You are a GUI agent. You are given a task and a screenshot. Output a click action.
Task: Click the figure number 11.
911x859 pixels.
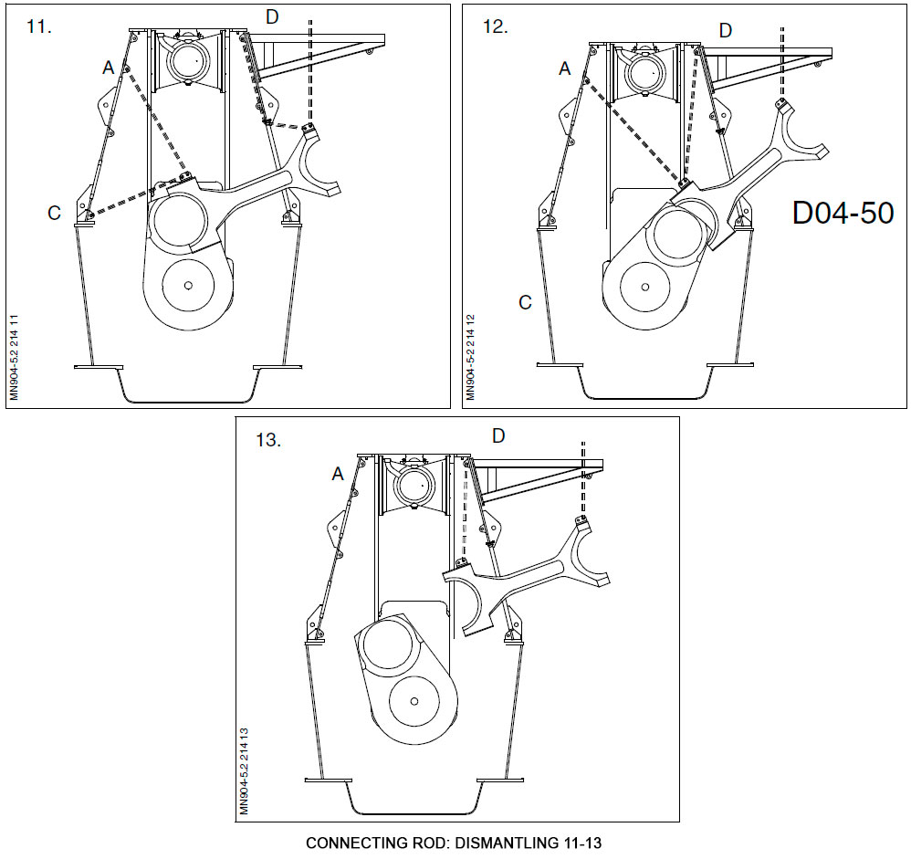(x=39, y=27)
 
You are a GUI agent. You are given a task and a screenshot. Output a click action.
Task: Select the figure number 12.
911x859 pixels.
(x=494, y=27)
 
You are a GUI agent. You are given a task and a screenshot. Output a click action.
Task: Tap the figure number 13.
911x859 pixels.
(x=267, y=440)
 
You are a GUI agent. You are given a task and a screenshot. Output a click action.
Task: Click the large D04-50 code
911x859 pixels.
(x=843, y=213)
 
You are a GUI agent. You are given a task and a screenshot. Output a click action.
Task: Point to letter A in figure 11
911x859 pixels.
(x=109, y=67)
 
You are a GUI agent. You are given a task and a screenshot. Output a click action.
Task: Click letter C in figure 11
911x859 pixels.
(x=55, y=213)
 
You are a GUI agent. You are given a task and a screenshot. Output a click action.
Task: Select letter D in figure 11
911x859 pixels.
(x=272, y=16)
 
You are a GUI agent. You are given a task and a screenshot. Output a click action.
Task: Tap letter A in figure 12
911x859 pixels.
(x=564, y=68)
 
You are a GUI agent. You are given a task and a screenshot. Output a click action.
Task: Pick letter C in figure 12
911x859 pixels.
(x=525, y=302)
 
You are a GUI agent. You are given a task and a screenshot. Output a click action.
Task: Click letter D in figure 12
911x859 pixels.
(x=725, y=30)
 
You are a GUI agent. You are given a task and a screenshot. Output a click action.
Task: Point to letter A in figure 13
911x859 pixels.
(x=338, y=474)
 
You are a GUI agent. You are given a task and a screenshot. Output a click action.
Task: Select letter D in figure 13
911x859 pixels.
(x=497, y=435)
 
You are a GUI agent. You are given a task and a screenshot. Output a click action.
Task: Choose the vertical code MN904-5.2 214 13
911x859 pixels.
(x=244, y=771)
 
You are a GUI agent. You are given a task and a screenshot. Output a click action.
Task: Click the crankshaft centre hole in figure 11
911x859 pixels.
(x=187, y=285)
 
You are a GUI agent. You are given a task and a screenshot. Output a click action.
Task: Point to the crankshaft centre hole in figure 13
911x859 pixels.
(x=414, y=700)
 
